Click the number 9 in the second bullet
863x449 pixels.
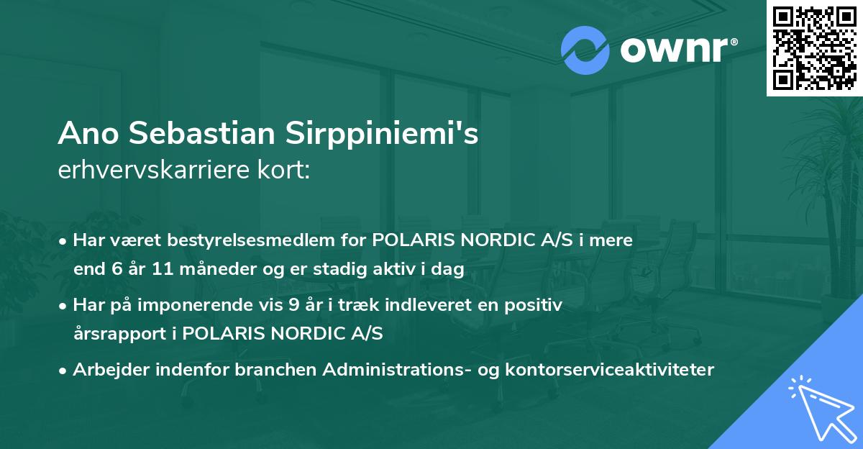tap(293, 305)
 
